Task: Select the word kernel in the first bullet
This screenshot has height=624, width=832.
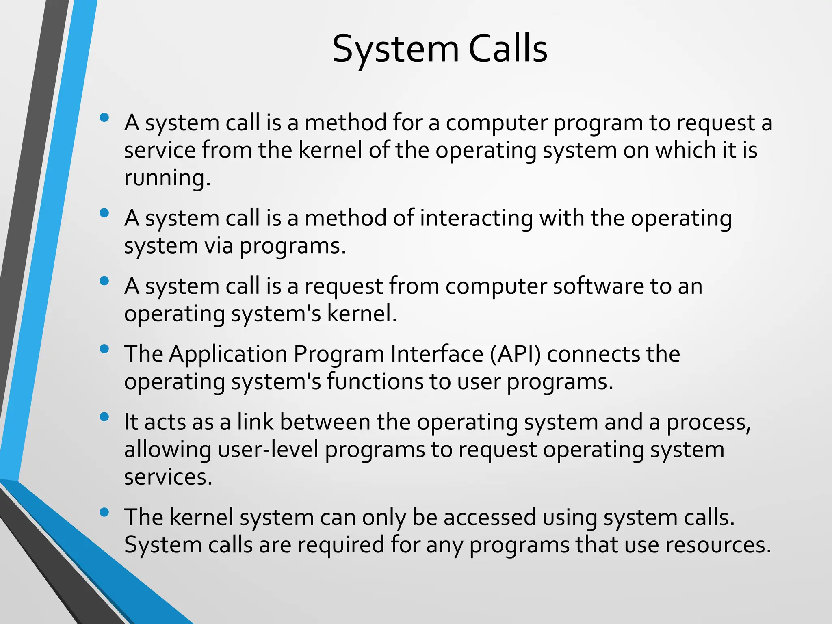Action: click(330, 150)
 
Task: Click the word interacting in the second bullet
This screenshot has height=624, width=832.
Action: click(476, 218)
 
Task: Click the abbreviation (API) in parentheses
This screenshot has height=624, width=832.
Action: click(515, 354)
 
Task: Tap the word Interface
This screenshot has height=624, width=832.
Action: click(437, 354)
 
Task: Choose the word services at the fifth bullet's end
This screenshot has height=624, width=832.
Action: click(168, 477)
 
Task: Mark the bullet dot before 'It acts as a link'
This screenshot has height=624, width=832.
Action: click(104, 417)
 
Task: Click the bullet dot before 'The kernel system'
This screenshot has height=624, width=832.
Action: click(104, 512)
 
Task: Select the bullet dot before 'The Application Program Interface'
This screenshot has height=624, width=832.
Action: click(104, 349)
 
